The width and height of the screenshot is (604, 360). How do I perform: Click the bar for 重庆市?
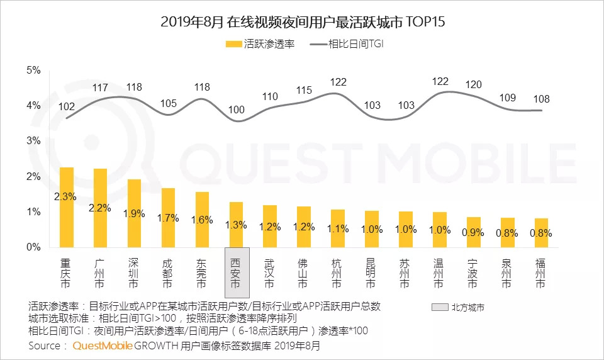pyautogui.click(x=67, y=207)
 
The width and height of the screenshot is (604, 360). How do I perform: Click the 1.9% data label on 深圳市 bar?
pyautogui.click(x=135, y=213)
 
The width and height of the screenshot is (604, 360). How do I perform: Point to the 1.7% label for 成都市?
pyautogui.click(x=169, y=218)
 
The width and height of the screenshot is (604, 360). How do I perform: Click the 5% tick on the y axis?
pyautogui.click(x=33, y=70)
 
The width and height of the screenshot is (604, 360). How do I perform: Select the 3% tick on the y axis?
pyautogui.click(x=33, y=141)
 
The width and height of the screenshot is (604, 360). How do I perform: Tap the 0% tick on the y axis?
pyautogui.click(x=33, y=247)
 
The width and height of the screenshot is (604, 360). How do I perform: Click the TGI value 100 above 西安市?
pyautogui.click(x=236, y=110)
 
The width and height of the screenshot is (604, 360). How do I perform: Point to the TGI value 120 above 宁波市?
pyautogui.click(x=473, y=84)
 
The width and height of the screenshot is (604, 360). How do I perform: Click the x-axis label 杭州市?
pyautogui.click(x=338, y=272)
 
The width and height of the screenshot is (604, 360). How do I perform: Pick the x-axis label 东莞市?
pyautogui.click(x=203, y=272)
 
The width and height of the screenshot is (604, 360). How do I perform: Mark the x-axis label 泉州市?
pyautogui.click(x=507, y=272)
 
